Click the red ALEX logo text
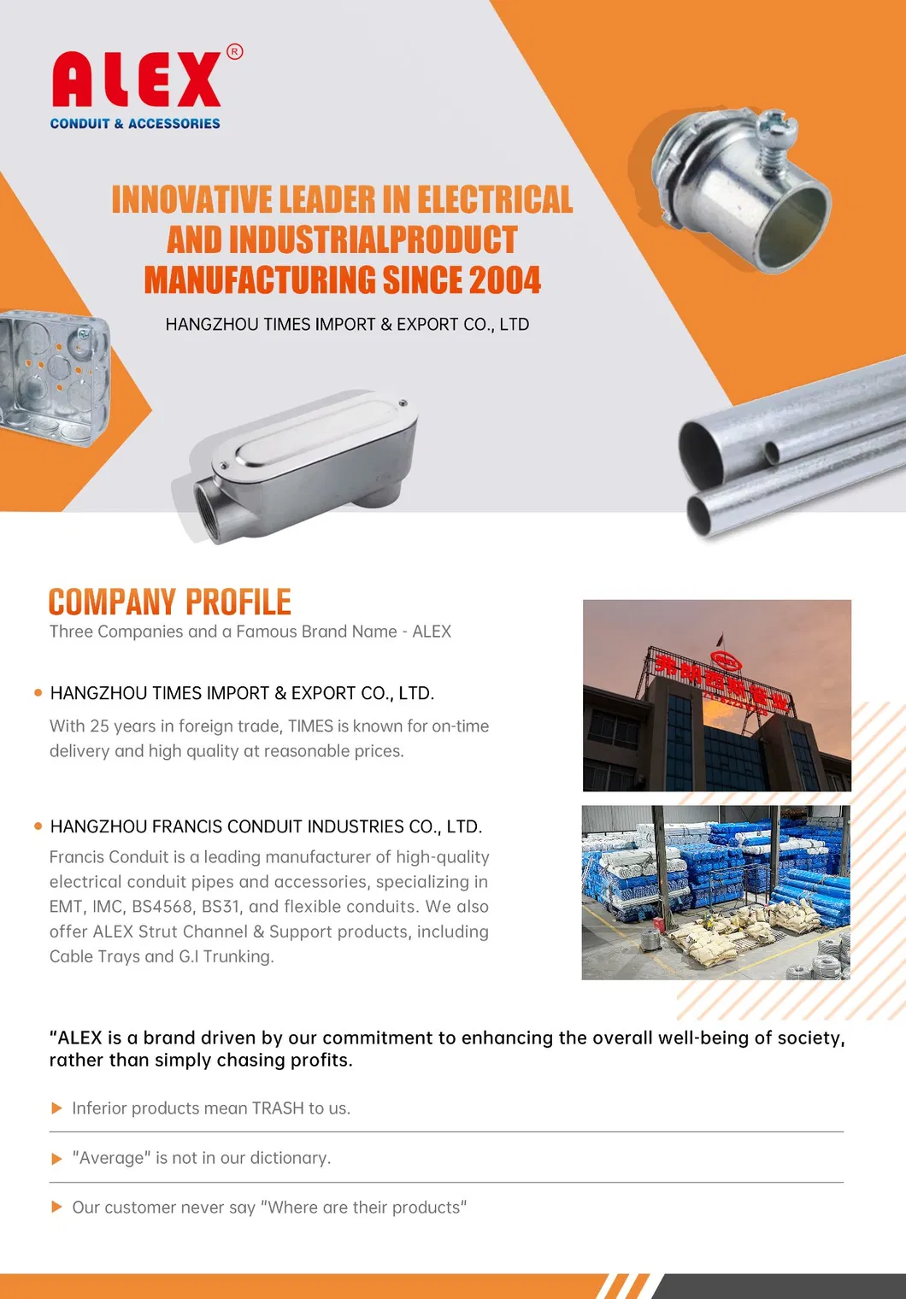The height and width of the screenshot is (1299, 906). [137, 79]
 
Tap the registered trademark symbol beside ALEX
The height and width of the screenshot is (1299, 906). [234, 52]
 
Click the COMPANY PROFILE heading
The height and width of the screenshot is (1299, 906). [169, 602]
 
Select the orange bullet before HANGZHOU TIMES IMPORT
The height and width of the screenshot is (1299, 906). [38, 693]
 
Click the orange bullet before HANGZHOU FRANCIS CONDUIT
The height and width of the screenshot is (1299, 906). [38, 826]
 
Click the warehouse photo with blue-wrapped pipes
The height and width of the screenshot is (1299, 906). [715, 892]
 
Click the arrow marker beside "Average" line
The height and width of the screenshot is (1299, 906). [56, 1159]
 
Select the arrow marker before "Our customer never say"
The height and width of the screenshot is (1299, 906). [56, 1208]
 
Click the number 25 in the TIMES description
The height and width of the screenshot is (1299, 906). [99, 726]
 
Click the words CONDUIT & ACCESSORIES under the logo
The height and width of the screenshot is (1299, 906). [135, 124]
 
